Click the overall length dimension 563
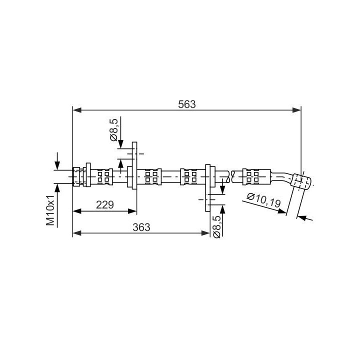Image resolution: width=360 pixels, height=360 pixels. pyautogui.click(x=187, y=104)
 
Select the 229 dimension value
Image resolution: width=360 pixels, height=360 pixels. pyautogui.click(x=104, y=204)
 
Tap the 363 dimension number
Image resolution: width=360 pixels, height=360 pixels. pyautogui.click(x=141, y=227)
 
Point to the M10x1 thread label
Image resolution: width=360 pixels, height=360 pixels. pyautogui.click(x=50, y=210)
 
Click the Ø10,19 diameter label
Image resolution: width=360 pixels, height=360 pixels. pyautogui.click(x=264, y=200)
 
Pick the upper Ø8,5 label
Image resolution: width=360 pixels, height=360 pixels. pyautogui.click(x=114, y=130)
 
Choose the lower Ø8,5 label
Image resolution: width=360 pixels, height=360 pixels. pyautogui.click(x=216, y=226)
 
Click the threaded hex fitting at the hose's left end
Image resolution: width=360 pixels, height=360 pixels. pyautogui.click(x=78, y=177)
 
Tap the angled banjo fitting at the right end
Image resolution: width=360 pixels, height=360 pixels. pyautogui.click(x=301, y=182)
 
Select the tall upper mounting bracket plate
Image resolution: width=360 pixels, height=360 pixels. pyautogui.click(x=134, y=165)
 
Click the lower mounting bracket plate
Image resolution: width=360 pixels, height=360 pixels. pyautogui.click(x=208, y=188)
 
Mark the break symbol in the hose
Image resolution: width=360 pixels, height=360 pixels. pyautogui.click(x=230, y=177)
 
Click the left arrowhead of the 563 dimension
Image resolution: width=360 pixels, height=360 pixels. pyautogui.click(x=77, y=110)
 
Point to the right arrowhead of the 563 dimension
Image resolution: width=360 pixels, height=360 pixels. pyautogui.click(x=296, y=110)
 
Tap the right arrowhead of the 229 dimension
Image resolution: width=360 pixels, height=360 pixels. pyautogui.click(x=132, y=211)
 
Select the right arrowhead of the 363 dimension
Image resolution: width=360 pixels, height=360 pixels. pyautogui.click(x=205, y=233)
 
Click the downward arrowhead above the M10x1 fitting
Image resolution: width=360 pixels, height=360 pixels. pyautogui.click(x=57, y=165)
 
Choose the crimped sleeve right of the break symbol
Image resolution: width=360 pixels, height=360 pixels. pyautogui.click(x=256, y=177)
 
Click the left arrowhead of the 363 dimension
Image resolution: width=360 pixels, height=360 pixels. pyautogui.click(x=77, y=233)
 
